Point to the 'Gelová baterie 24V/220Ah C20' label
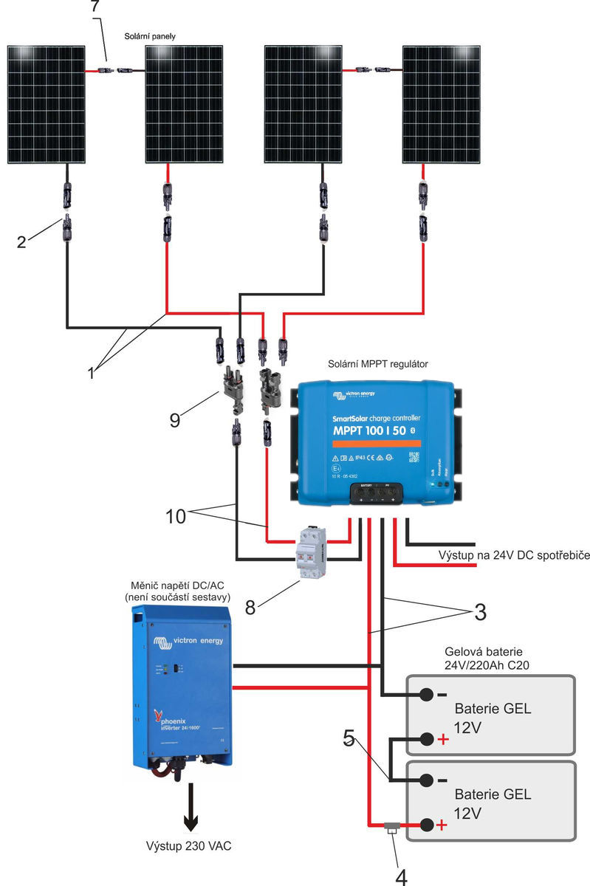click(x=489, y=659)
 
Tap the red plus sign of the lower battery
click(x=442, y=825)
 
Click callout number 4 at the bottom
click(x=402, y=875)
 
